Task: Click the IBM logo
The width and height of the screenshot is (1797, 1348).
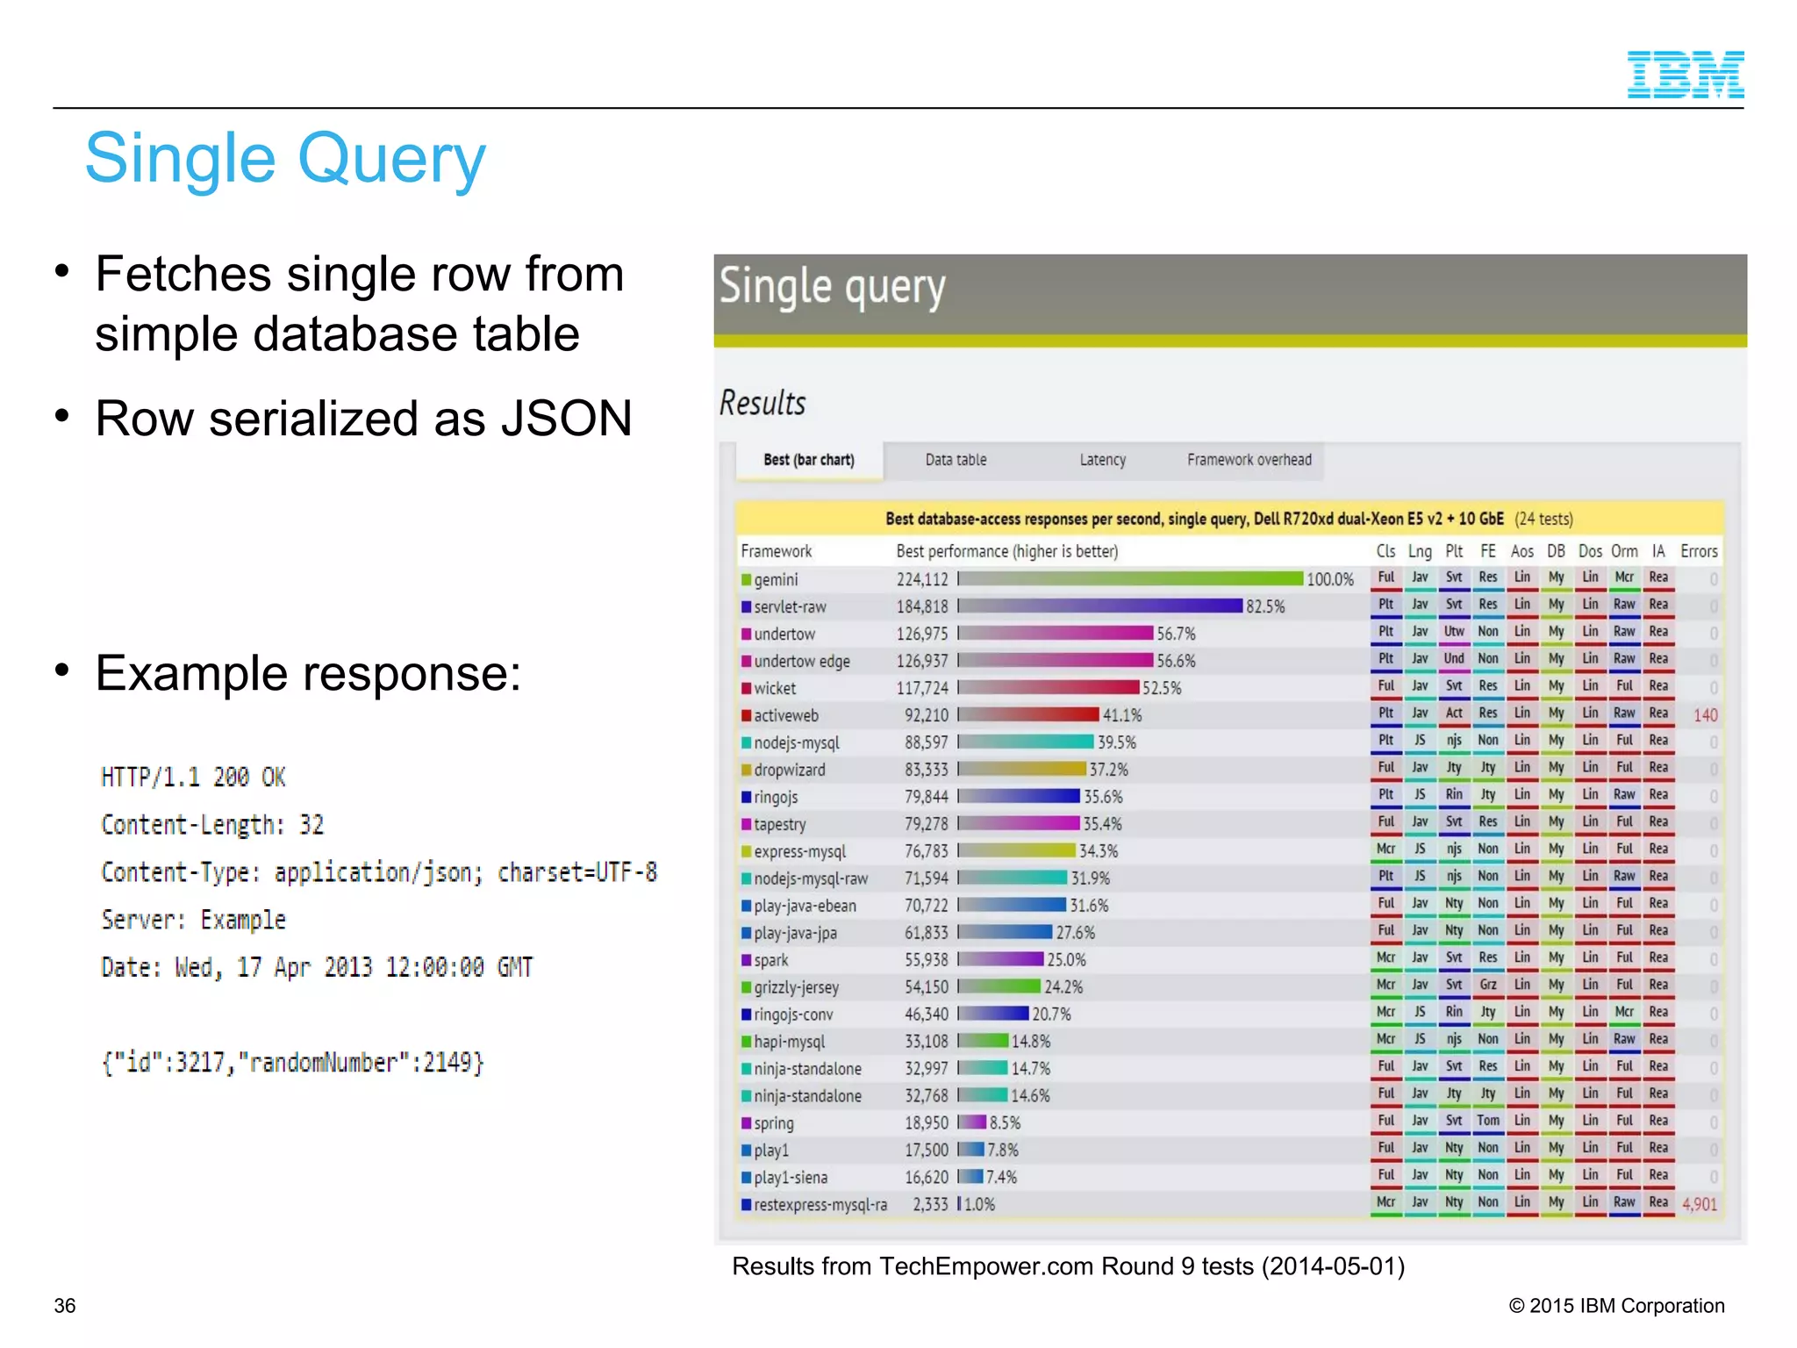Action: point(1685,75)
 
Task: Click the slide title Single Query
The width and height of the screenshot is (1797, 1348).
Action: point(285,159)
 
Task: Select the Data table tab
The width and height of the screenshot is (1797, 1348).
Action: point(956,460)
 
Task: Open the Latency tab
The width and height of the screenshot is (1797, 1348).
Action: point(1102,460)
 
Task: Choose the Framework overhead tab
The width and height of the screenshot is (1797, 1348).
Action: point(1249,460)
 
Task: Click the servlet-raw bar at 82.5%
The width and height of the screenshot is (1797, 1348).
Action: point(1100,606)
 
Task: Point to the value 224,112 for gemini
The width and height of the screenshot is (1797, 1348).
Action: point(921,579)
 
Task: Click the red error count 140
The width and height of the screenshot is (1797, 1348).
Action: point(1705,715)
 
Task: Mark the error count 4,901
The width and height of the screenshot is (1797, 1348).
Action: point(1699,1204)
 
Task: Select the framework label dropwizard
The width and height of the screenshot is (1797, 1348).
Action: point(789,770)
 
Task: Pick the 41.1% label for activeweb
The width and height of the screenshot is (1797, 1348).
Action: point(1122,715)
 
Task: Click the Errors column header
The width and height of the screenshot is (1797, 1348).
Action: point(1699,551)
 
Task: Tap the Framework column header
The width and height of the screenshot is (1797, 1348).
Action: point(776,551)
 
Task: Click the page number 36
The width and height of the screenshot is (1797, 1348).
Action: point(65,1306)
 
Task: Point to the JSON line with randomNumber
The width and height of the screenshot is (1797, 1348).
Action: point(292,1063)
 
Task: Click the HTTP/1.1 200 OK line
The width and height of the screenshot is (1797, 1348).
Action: point(193,778)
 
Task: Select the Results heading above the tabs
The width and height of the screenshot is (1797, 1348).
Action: point(762,404)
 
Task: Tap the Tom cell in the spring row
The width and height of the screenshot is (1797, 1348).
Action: point(1487,1121)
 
